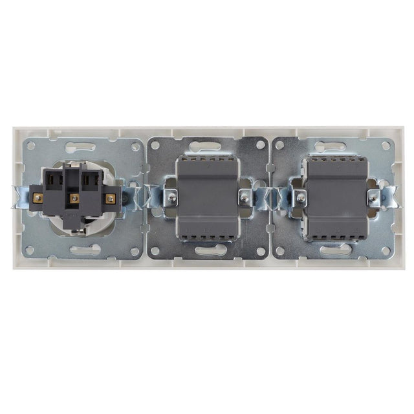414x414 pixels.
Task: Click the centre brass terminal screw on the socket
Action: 74,197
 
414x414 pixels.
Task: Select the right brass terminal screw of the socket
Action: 111,197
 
